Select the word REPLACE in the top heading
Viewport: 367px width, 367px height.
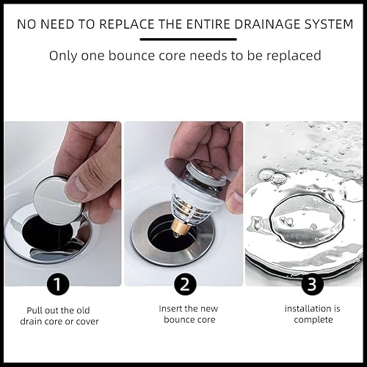[127, 24]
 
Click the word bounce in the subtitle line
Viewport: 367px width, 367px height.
[131, 56]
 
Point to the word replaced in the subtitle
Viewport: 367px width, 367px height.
[294, 57]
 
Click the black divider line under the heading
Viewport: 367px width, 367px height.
[188, 39]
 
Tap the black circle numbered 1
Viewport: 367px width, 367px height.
[58, 284]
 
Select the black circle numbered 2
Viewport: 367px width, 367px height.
[185, 284]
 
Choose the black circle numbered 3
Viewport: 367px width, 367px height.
[312, 284]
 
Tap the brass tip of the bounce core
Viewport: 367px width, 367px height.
[178, 226]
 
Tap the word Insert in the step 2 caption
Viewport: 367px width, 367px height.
[170, 308]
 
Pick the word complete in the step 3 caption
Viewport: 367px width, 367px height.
[313, 320]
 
